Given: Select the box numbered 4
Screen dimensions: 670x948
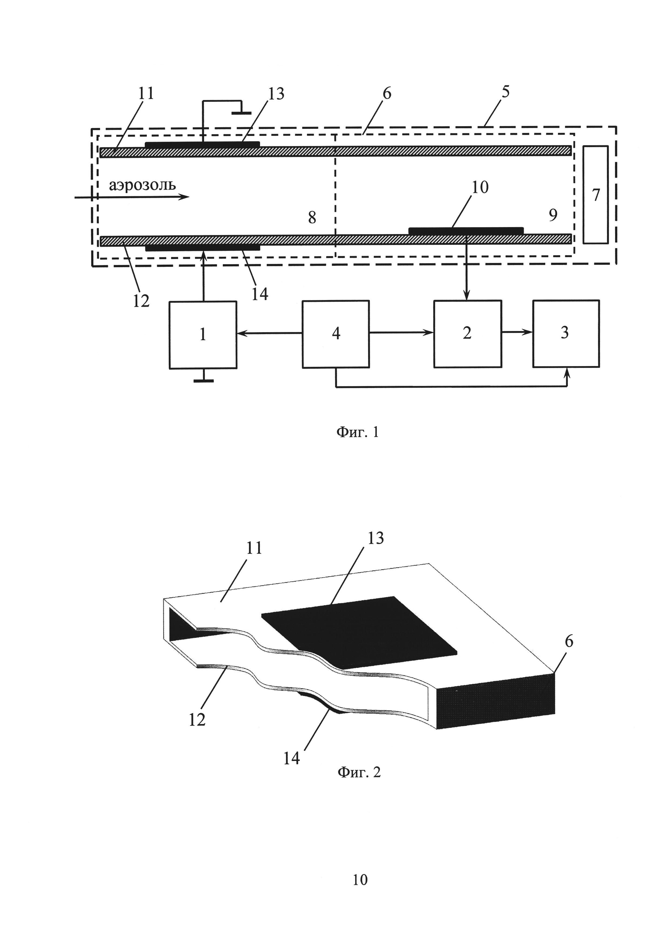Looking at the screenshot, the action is click(x=336, y=334).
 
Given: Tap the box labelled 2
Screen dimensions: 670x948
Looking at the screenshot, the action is click(x=467, y=334).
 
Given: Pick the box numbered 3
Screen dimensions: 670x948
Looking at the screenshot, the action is click(x=566, y=334).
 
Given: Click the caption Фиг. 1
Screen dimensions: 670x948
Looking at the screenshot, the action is click(x=357, y=432).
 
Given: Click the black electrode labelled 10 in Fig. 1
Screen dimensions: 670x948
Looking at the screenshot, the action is click(x=466, y=230).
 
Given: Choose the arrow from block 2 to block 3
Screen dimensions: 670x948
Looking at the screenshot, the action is click(x=517, y=333).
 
